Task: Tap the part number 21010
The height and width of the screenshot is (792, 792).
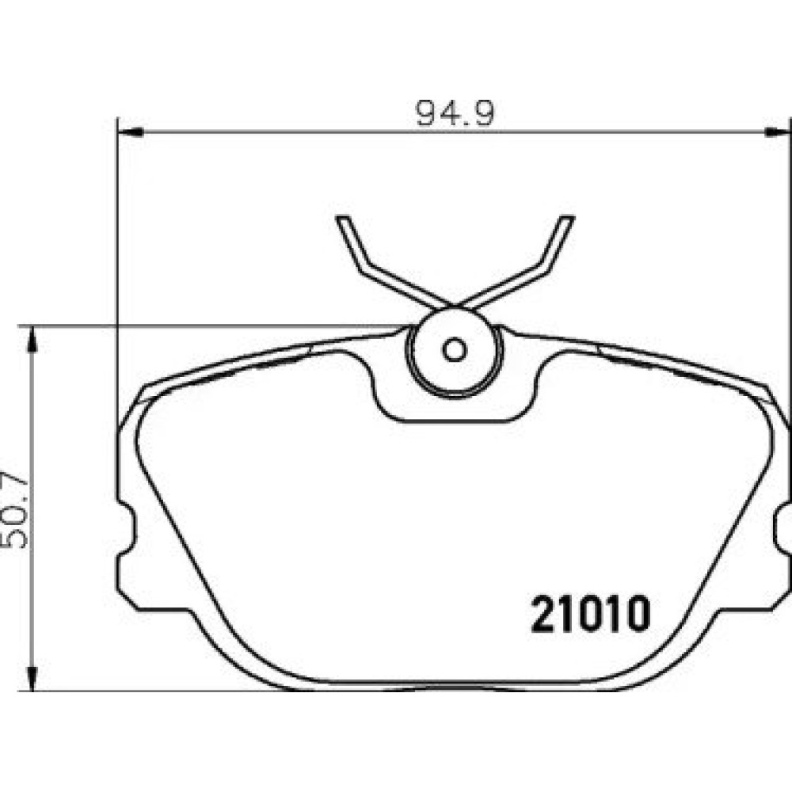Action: (590, 614)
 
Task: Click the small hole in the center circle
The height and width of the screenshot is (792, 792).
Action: (454, 349)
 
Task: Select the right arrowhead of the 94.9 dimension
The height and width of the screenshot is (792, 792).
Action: (778, 132)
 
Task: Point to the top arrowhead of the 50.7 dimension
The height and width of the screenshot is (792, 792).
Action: (32, 339)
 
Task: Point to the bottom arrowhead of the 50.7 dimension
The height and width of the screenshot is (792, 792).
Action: (32, 677)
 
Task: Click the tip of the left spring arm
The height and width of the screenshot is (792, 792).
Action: (342, 219)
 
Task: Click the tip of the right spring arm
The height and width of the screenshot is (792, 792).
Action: (567, 219)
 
